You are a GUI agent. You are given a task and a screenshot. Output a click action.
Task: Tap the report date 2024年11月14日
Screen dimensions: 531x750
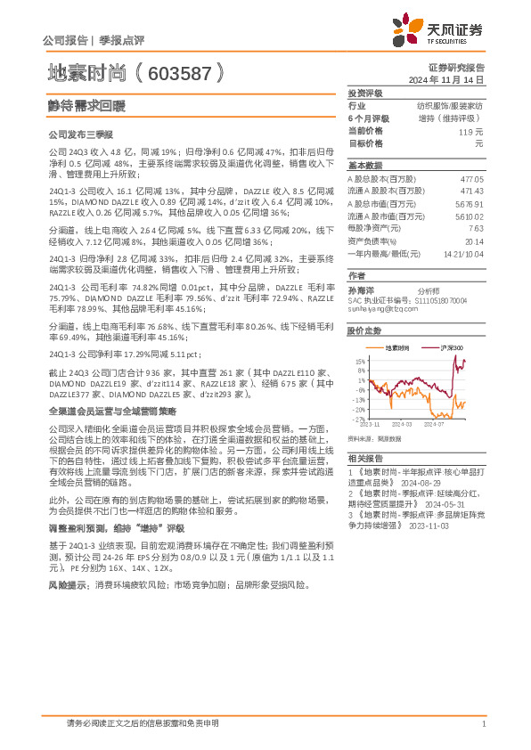[x=453, y=79]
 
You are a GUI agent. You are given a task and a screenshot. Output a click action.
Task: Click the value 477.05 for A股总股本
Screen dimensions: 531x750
[x=471, y=179]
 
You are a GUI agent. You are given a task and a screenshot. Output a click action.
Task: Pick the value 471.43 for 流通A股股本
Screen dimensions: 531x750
[x=471, y=191]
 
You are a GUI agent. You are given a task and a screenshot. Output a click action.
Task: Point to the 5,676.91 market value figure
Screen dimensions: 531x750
[x=470, y=203]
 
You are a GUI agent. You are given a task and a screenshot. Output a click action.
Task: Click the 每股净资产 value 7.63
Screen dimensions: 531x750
[x=475, y=228]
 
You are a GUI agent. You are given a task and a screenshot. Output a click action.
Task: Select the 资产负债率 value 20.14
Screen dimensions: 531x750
[x=473, y=240]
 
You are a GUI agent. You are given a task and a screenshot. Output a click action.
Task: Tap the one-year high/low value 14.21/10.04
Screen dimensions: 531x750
[x=462, y=253]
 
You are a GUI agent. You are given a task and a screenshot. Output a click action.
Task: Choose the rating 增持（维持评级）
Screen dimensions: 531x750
[x=450, y=118]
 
